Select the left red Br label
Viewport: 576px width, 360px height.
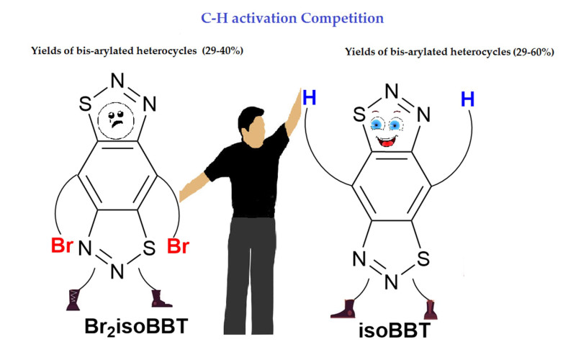pyautogui.click(x=64, y=246)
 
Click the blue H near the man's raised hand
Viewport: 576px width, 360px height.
pyautogui.click(x=310, y=97)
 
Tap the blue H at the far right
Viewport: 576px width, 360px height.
pyautogui.click(x=467, y=99)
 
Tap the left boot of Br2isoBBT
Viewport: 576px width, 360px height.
pyautogui.click(x=71, y=300)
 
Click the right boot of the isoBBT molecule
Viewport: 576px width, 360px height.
pyautogui.click(x=431, y=310)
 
